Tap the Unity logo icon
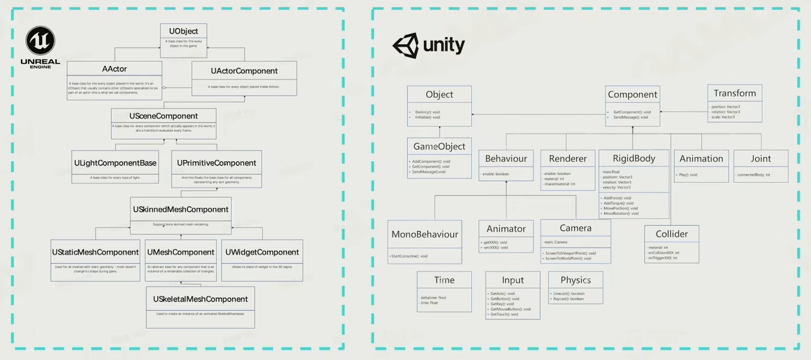click(405, 46)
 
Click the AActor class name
click(115, 69)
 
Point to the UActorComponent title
click(244, 71)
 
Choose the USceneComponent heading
click(164, 115)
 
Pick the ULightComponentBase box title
click(115, 163)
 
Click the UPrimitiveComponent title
click(217, 163)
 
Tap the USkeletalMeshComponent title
click(200, 299)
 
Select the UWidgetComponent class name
click(262, 252)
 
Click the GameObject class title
click(439, 146)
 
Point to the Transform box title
click(735, 93)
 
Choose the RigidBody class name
click(634, 158)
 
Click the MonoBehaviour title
click(425, 234)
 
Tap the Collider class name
click(672, 233)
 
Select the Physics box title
click(576, 280)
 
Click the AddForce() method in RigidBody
click(617, 197)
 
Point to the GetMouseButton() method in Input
click(510, 309)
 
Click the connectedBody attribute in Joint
click(753, 175)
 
